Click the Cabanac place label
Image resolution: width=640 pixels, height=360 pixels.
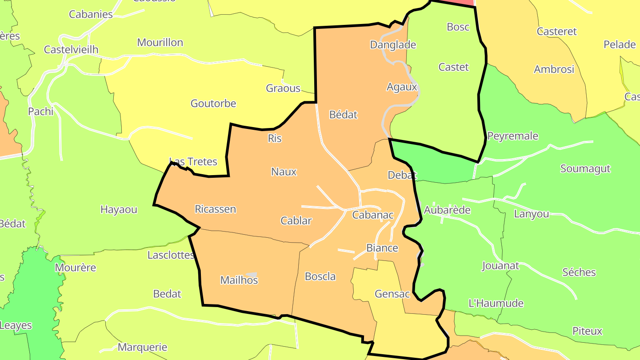point(372,215)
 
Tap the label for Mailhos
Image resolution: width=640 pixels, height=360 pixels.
point(239,280)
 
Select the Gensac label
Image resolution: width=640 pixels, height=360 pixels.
point(392,294)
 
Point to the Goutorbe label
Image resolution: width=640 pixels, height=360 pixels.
point(213,104)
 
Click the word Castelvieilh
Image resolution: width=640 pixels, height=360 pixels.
point(71,50)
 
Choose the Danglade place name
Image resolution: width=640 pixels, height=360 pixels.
point(393,45)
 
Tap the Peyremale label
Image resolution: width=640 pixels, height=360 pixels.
point(513,136)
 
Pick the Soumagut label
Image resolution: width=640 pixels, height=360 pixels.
point(585,169)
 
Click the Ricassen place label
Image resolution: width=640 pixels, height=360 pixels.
point(215,209)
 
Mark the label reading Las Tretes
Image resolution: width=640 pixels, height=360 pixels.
point(193,161)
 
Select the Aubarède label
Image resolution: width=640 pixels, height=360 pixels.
point(447,210)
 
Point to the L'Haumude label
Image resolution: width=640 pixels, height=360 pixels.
point(496,304)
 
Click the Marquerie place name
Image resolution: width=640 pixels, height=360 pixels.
point(142,347)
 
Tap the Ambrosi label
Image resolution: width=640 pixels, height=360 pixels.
point(554,69)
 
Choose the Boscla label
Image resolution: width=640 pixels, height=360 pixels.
point(320,276)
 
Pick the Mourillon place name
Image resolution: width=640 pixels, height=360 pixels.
point(160,43)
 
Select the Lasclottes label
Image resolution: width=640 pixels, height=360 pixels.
point(171,255)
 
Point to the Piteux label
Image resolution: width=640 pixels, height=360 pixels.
point(587,331)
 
